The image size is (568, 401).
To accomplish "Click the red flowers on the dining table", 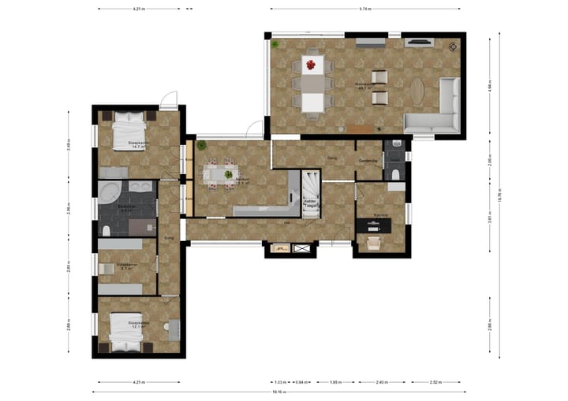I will pos(312,64).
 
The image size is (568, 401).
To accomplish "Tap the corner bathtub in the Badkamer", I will pos(109,193).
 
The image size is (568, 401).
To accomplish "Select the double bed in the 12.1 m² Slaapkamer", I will pos(126,331).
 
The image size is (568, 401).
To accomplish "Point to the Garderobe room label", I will pos(368,161).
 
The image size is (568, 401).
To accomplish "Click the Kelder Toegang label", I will pos(312,203).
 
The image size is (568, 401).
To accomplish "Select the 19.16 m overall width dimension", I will pos(278,392).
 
